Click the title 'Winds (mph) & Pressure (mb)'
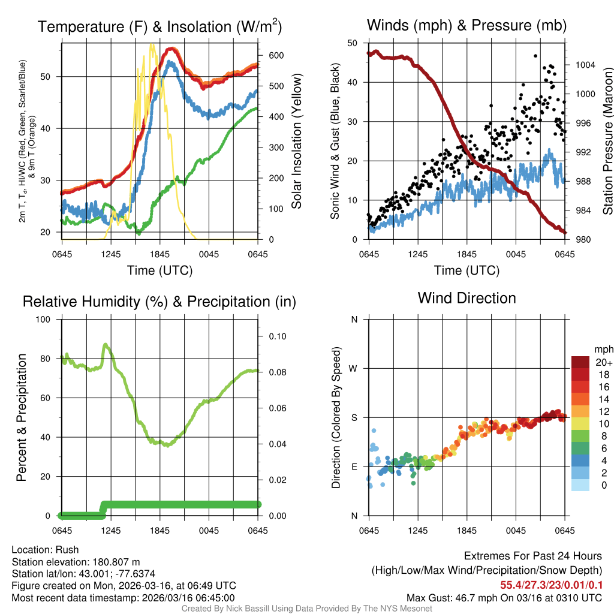point(466,25)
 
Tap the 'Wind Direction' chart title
point(466,298)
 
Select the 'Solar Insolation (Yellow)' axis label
point(296,142)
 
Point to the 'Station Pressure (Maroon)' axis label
point(606,142)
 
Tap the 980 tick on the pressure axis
point(580,240)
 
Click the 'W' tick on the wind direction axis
point(354,368)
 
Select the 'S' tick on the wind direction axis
point(354,417)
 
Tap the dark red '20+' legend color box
point(580,362)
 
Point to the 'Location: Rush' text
point(45,550)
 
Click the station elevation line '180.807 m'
point(76,562)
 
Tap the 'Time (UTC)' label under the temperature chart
point(160,270)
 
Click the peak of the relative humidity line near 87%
point(106,345)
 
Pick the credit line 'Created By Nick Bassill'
point(307,609)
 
